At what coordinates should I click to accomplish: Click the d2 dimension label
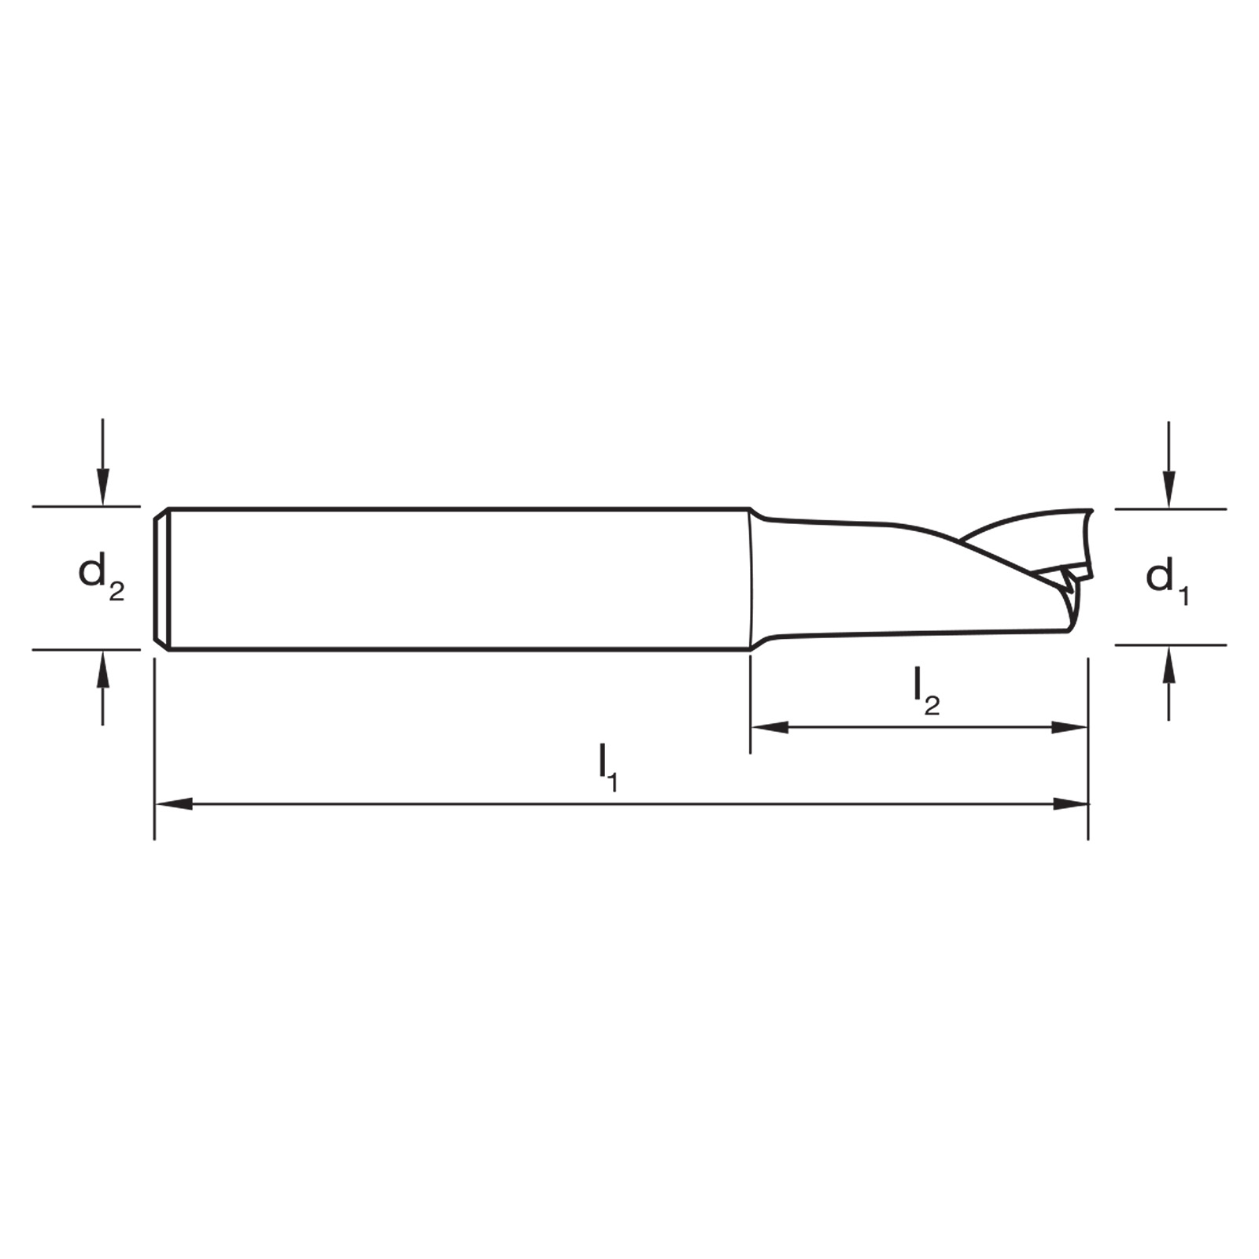[102, 576]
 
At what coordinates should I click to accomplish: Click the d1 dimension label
[1168, 580]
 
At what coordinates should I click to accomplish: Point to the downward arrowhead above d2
[102, 487]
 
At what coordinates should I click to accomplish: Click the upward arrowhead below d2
[102, 668]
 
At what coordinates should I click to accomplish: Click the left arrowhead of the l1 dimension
[174, 804]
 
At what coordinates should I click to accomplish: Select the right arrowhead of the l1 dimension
[1069, 804]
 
